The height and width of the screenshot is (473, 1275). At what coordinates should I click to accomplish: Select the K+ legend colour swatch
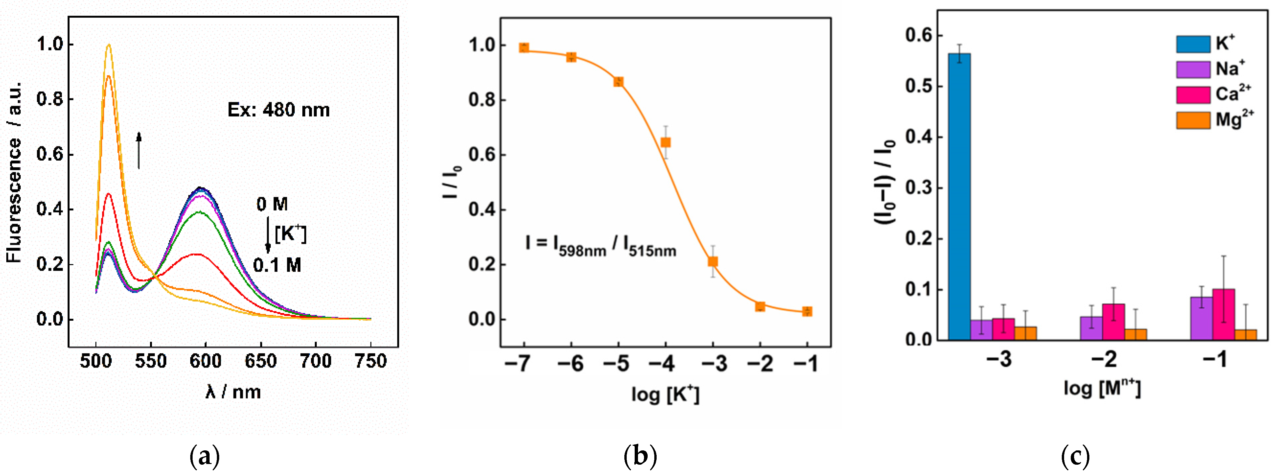click(1193, 44)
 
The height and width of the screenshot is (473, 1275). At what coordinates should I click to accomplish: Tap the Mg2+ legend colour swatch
click(1193, 120)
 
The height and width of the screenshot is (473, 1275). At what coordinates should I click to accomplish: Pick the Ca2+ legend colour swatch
click(1193, 94)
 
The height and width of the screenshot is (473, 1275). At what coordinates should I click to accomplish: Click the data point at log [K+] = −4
click(666, 142)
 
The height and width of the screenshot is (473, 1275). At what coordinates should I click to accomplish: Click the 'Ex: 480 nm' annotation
click(278, 110)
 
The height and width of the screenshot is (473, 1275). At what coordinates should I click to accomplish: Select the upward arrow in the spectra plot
click(139, 150)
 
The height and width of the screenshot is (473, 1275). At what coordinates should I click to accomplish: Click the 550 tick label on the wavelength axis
click(150, 361)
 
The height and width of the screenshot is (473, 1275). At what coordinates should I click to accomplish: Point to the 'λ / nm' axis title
click(233, 392)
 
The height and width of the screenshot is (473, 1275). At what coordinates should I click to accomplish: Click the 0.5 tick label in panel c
click(918, 86)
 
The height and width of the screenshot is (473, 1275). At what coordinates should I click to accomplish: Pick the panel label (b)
click(640, 455)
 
